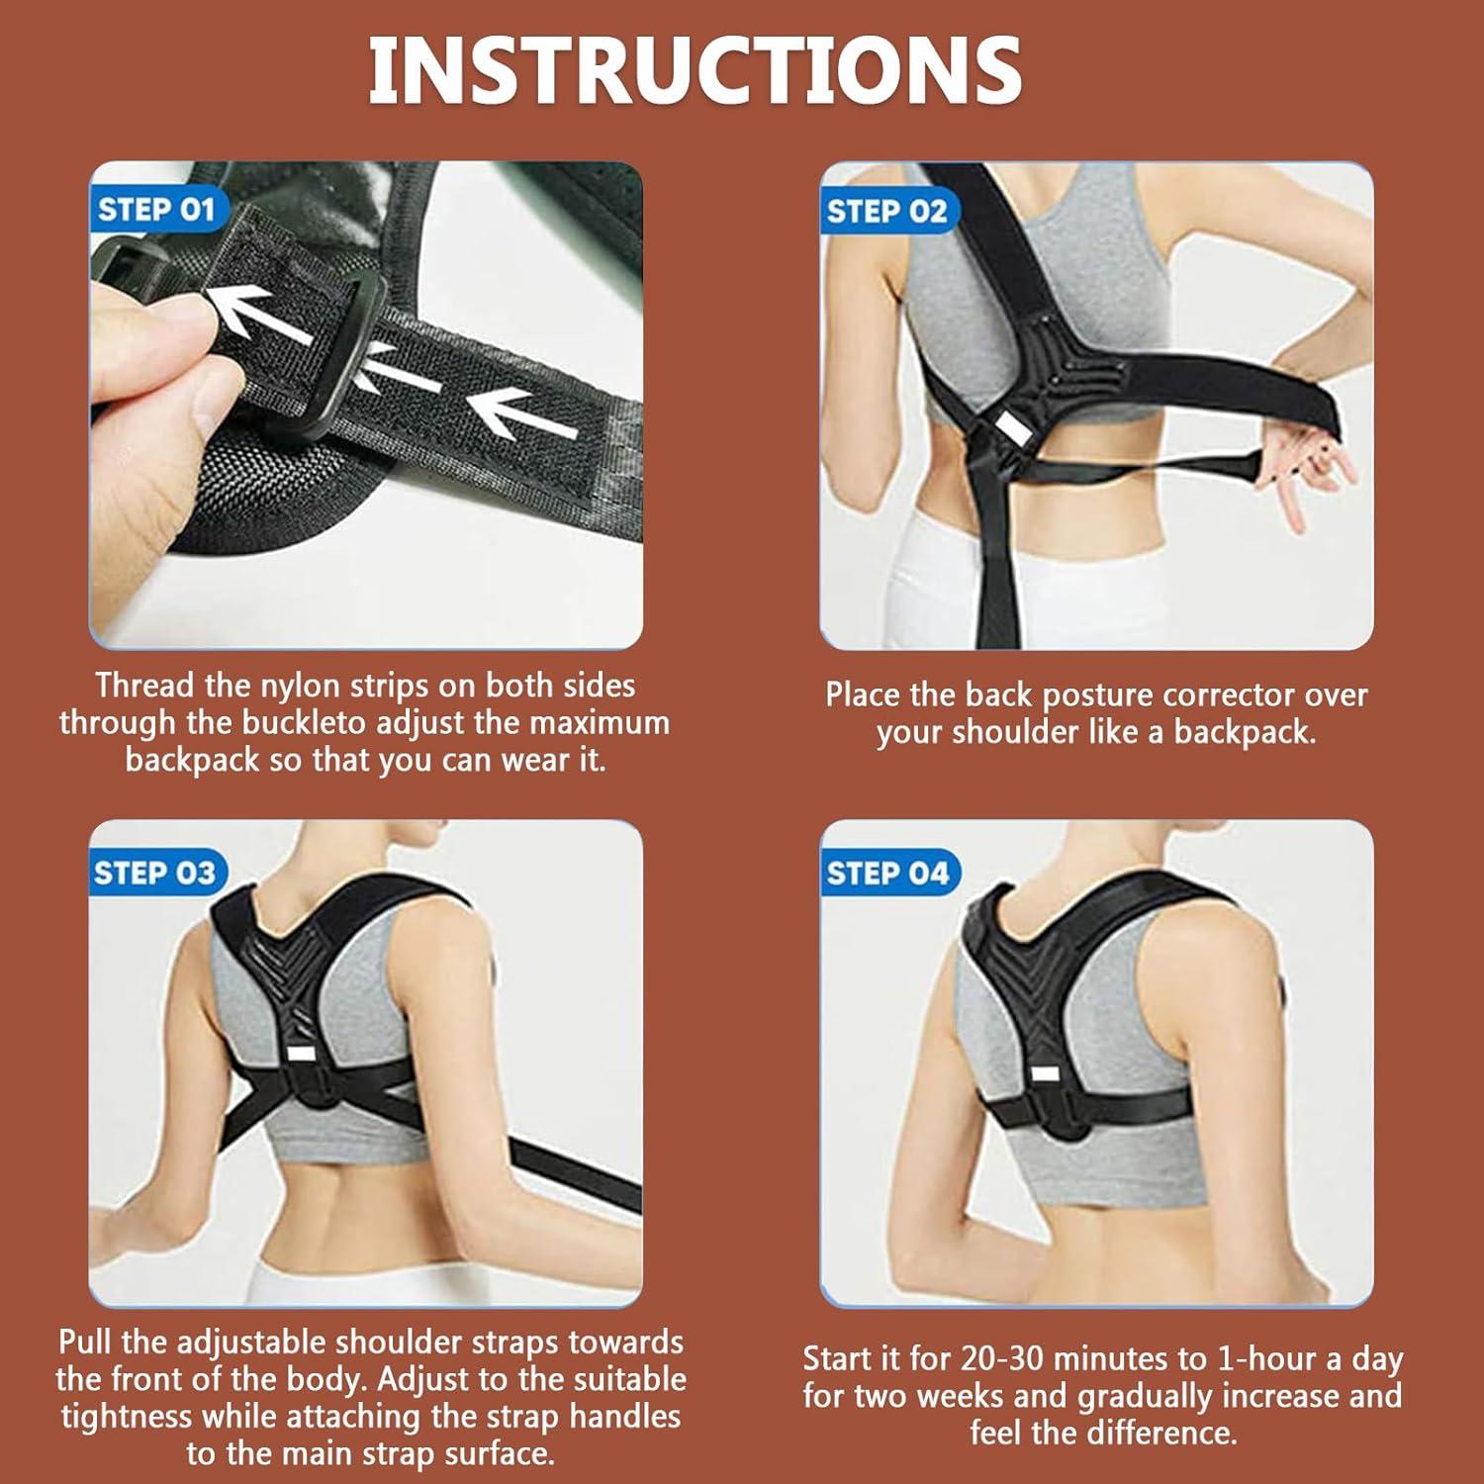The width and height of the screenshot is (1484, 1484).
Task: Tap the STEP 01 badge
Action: pyautogui.click(x=156, y=210)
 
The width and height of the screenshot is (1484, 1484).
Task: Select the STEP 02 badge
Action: pyautogui.click(x=886, y=212)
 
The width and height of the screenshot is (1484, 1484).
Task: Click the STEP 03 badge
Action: pyautogui.click(x=154, y=873)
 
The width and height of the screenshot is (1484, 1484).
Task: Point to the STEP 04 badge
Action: pyautogui.click(x=887, y=874)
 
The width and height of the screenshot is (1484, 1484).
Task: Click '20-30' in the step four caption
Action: pyautogui.click(x=1008, y=1359)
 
